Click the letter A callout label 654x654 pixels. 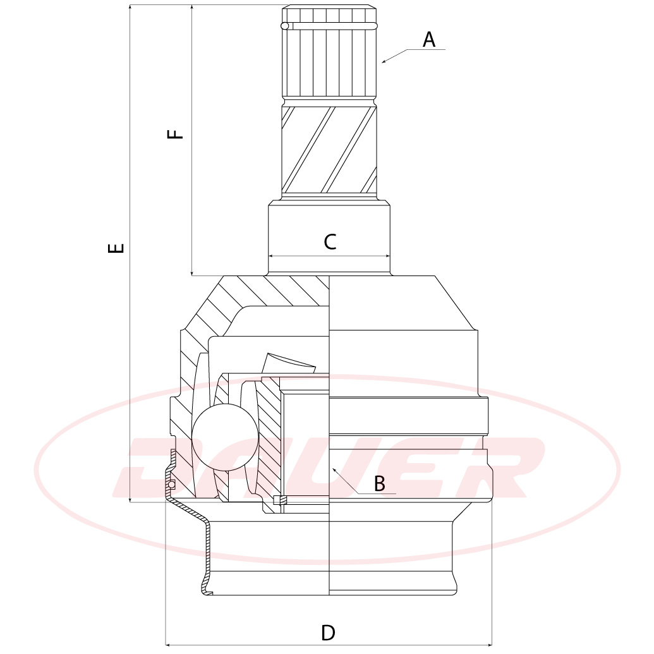[x=429, y=40]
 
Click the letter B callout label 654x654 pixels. [x=379, y=484]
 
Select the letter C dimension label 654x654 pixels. [x=330, y=241]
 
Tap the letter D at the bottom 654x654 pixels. [x=328, y=633]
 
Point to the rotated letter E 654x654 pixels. [x=116, y=248]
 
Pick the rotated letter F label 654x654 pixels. [x=175, y=134]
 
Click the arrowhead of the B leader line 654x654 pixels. [x=334, y=470]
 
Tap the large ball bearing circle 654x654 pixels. [x=225, y=437]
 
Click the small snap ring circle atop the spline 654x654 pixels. [x=285, y=27]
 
